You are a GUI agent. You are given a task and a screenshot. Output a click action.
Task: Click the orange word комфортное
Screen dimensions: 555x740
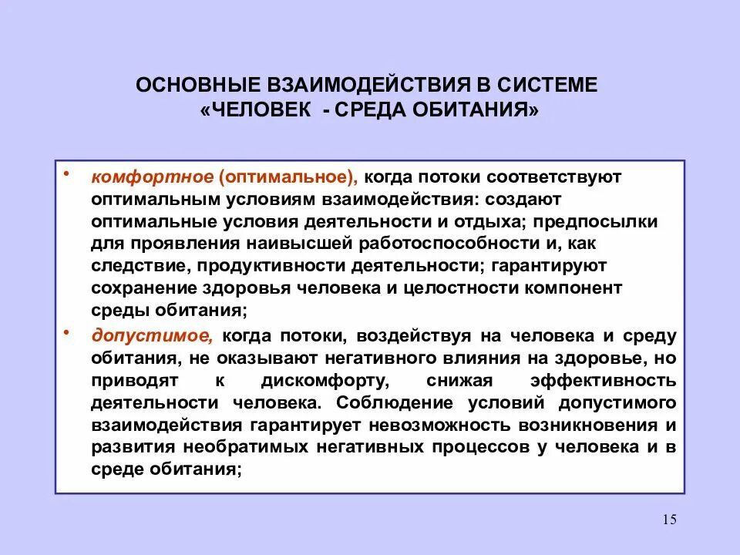point(152,177)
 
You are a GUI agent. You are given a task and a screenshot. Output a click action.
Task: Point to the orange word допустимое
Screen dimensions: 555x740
point(151,336)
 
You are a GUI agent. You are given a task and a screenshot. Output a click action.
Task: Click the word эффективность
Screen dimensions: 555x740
point(604,381)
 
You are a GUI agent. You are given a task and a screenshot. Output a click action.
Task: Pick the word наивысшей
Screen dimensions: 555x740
point(298,244)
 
